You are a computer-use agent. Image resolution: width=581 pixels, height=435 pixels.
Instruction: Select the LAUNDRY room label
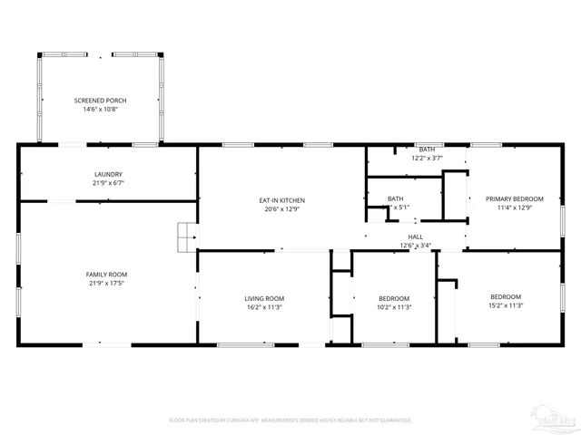[x=108, y=174]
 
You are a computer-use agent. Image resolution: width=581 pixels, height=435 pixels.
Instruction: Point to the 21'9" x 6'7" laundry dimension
[x=108, y=183]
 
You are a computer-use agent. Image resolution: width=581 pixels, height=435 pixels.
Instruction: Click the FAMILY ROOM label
[x=106, y=275]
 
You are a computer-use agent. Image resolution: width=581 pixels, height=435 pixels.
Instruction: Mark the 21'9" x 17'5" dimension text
[x=106, y=284]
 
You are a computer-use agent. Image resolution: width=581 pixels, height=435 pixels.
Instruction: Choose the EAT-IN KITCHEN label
[x=281, y=200]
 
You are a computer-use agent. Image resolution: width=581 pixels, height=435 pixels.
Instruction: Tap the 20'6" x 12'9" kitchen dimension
[x=281, y=209]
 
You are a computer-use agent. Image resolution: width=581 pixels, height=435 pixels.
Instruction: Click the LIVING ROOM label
[x=264, y=298]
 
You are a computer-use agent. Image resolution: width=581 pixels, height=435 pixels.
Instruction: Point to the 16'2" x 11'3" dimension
[x=264, y=307]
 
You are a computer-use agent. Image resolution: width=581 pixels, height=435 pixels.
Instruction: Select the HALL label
[x=415, y=237]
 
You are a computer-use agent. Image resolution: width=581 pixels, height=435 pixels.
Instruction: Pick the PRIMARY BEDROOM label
[x=514, y=198]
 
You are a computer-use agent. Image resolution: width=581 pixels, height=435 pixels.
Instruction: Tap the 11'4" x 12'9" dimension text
[x=514, y=208]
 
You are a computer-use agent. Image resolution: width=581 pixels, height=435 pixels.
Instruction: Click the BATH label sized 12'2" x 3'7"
[x=427, y=149]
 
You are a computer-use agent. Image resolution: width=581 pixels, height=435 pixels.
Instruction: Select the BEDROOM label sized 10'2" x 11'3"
[x=394, y=298]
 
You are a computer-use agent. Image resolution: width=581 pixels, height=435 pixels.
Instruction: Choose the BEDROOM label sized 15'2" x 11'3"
[x=506, y=296]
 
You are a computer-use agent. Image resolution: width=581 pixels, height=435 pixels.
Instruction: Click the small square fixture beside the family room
[x=186, y=237]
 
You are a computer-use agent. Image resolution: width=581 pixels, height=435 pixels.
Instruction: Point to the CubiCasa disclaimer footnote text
[x=290, y=420]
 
